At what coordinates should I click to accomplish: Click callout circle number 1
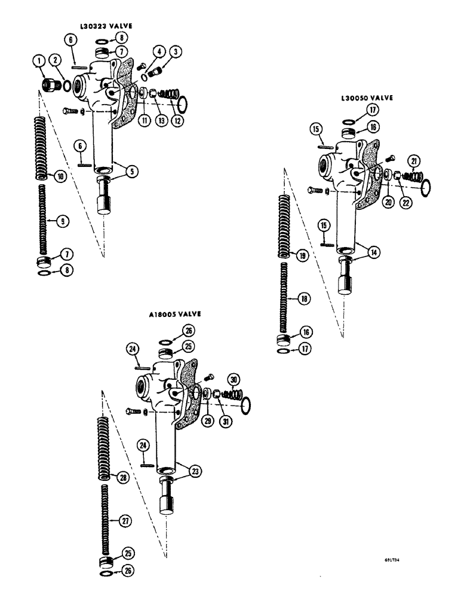40,60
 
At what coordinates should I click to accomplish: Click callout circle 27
124,521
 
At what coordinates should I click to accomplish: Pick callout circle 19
302,255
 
